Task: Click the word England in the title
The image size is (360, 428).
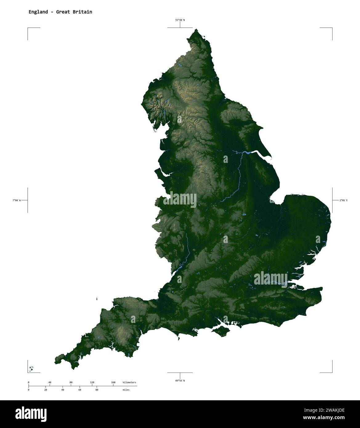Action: [x=38, y=12]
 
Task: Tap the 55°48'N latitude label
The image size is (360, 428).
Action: [x=180, y=20]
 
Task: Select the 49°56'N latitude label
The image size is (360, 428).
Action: [x=180, y=381]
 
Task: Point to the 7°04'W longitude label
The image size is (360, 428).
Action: [x=17, y=200]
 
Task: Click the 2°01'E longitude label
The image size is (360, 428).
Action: [x=343, y=200]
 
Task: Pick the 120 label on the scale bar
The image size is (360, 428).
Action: [x=92, y=382]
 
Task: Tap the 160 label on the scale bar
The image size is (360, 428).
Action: [x=113, y=382]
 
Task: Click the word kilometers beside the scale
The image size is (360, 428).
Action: [x=129, y=382]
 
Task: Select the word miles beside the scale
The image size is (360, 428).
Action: [x=126, y=390]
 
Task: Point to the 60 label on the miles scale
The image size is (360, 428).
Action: [x=79, y=390]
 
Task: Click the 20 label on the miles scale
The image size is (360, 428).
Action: [x=46, y=390]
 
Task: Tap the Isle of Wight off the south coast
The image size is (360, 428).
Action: [x=221, y=331]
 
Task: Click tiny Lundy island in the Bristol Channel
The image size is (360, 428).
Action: [x=97, y=298]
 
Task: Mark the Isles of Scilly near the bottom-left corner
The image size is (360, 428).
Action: [x=31, y=368]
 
